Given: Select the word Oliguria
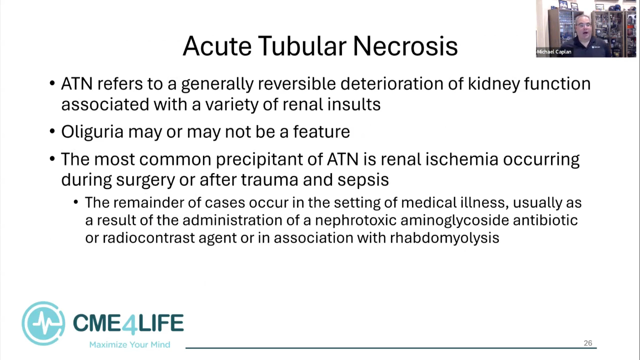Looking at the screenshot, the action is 92,132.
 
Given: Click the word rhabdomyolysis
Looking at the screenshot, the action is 444,238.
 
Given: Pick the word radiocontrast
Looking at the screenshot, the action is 148,238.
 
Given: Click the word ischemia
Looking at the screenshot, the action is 462,159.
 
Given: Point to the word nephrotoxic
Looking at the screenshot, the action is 355,220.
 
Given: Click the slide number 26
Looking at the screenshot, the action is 588,343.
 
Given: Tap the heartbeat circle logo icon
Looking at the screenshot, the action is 43,323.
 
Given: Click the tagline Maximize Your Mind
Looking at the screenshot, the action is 129,344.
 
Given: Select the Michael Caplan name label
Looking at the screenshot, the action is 554,52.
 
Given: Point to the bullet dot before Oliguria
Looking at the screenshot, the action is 52,131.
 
